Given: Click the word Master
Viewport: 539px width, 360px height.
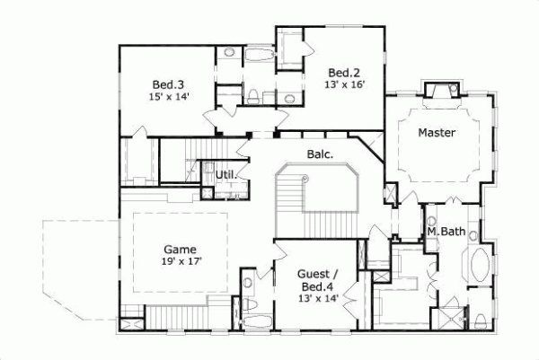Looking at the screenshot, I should tap(437, 133).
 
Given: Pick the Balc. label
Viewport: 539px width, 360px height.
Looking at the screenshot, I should tap(321, 154).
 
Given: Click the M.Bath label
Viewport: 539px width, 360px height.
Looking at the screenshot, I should tap(446, 232).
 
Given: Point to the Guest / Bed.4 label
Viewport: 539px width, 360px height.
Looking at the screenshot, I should tap(319, 279).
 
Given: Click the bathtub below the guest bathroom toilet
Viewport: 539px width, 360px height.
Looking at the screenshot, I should tap(256, 321).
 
